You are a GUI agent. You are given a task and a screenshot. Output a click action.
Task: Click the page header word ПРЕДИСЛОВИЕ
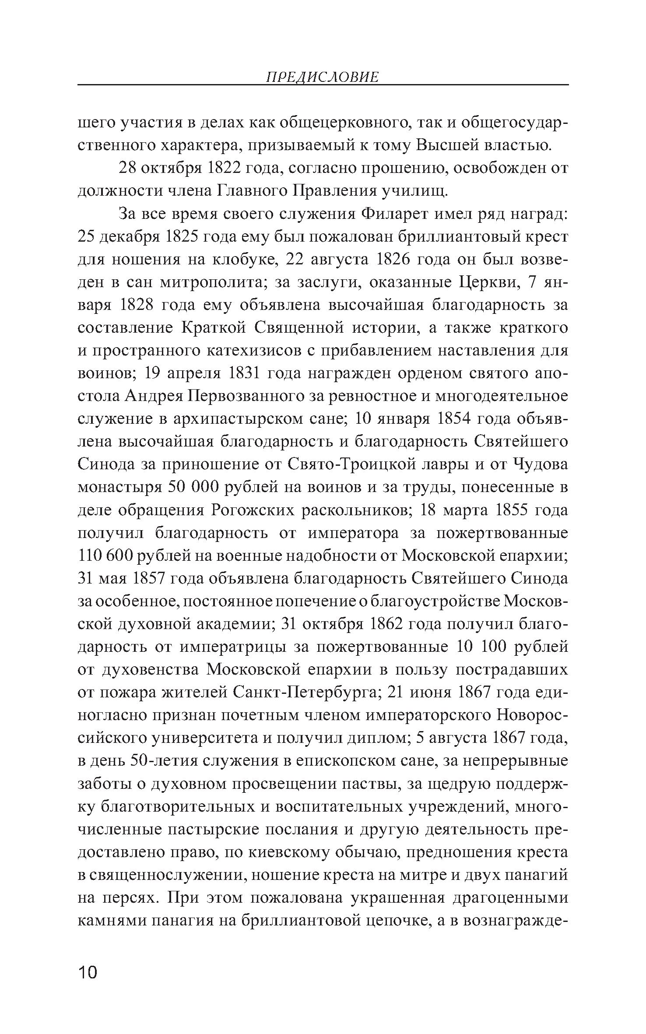click(322, 77)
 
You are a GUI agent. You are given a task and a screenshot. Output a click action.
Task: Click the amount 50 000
click(193, 488)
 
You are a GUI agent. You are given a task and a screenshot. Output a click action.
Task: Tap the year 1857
click(148, 579)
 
